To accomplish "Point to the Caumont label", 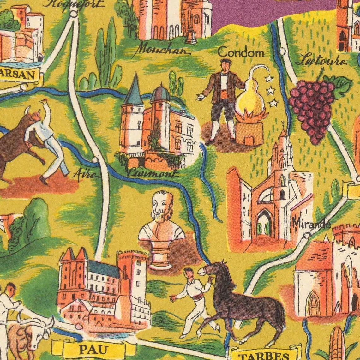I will [x=153, y=173].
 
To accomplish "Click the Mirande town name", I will [x=311, y=224].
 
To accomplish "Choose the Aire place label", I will [x=85, y=174].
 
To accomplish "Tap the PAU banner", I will [x=93, y=350].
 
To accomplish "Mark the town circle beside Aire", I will [x=95, y=160].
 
